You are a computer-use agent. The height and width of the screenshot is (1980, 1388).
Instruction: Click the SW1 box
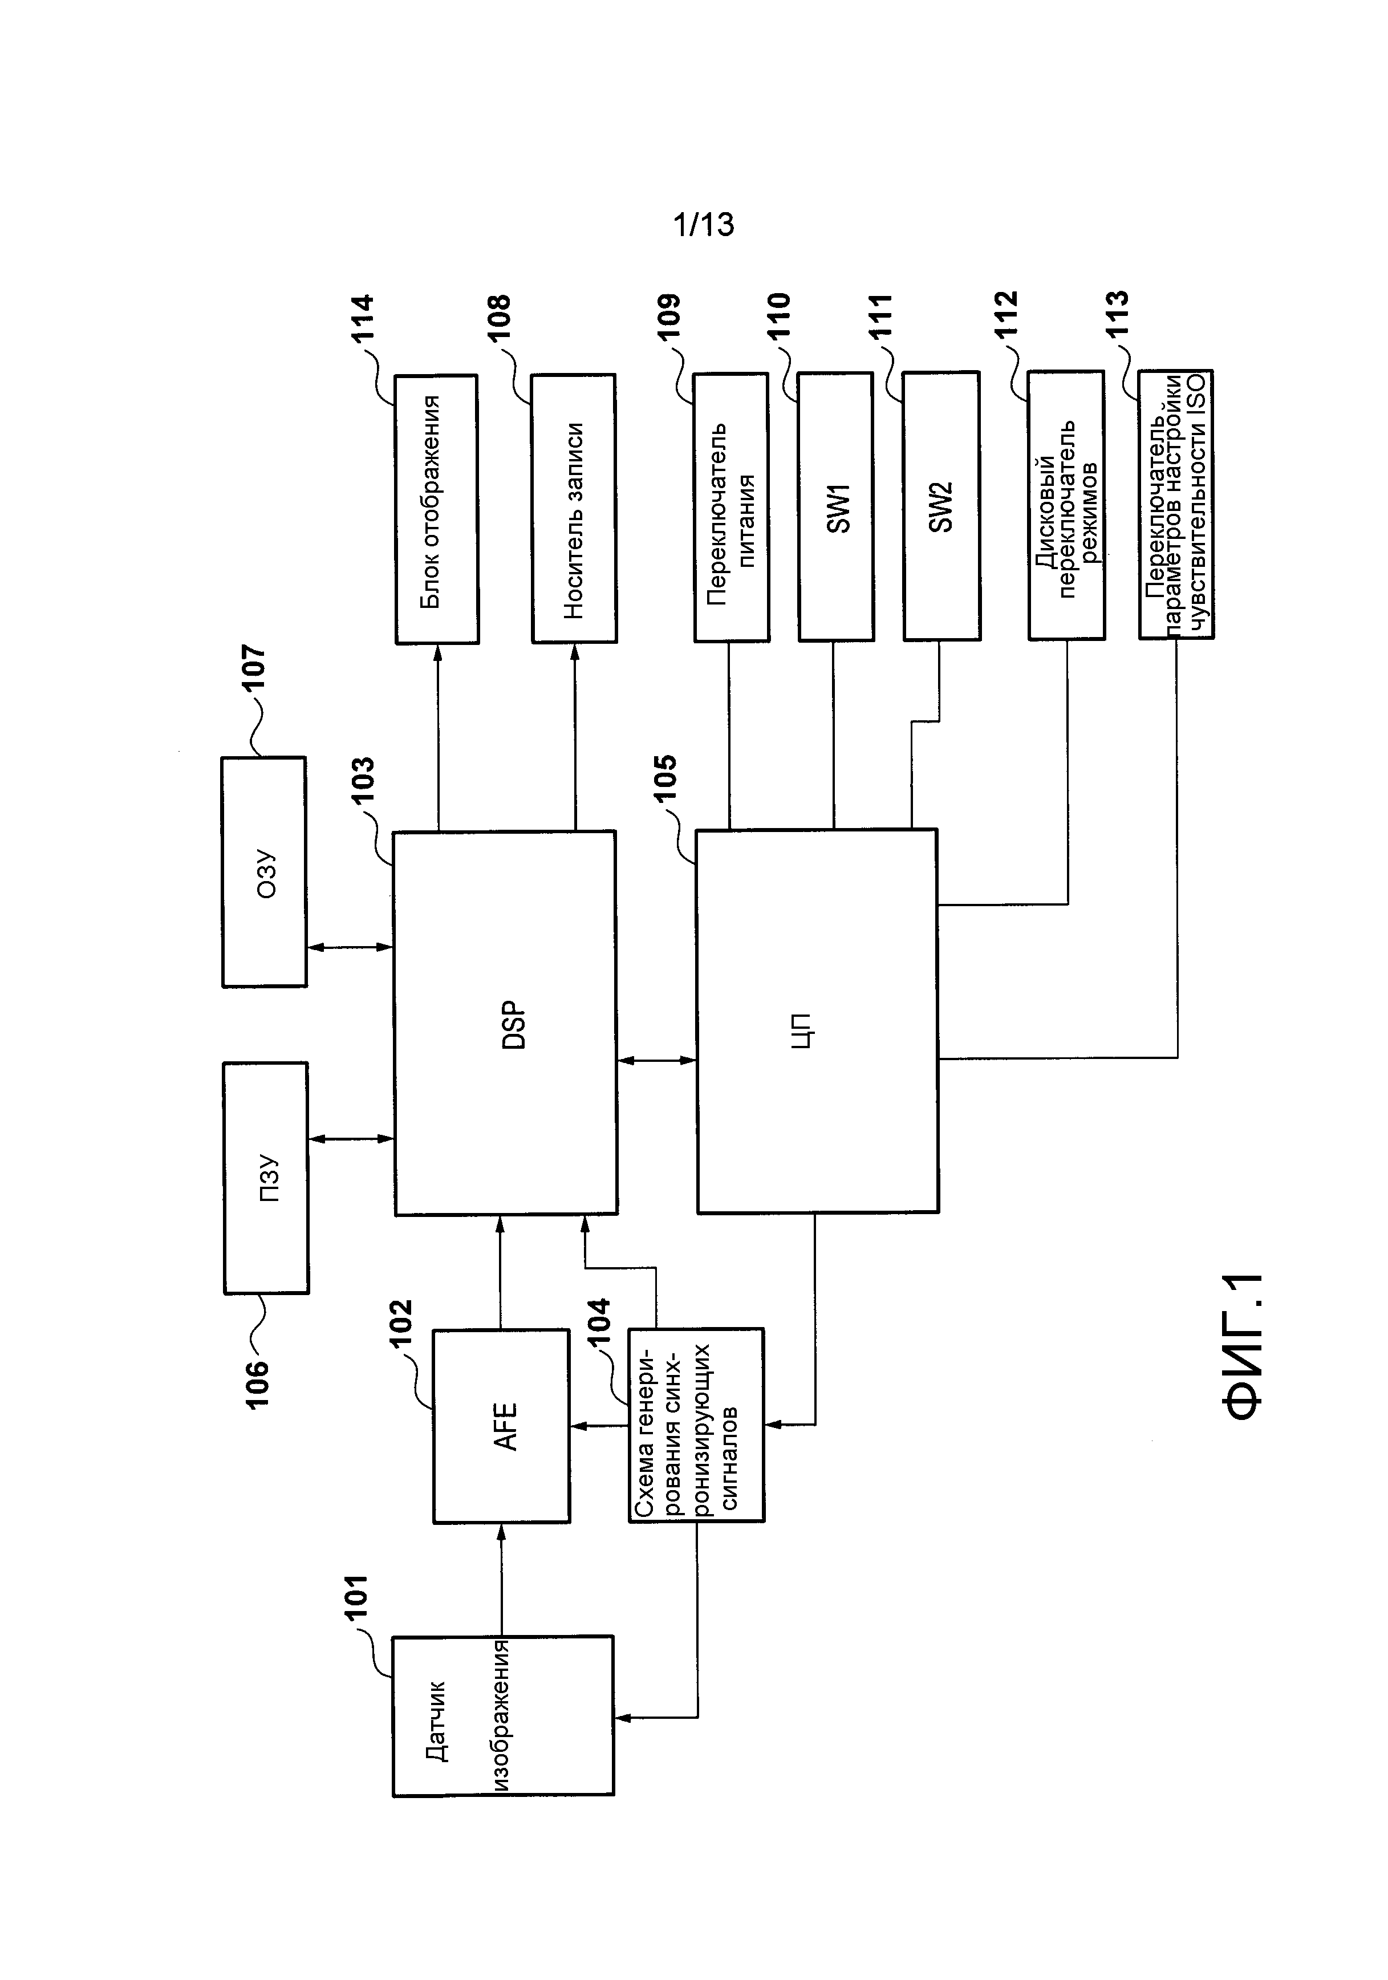[x=836, y=507]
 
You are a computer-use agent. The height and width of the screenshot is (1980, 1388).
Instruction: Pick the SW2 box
[x=941, y=507]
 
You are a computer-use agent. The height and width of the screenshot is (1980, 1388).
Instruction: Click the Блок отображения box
[x=436, y=509]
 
